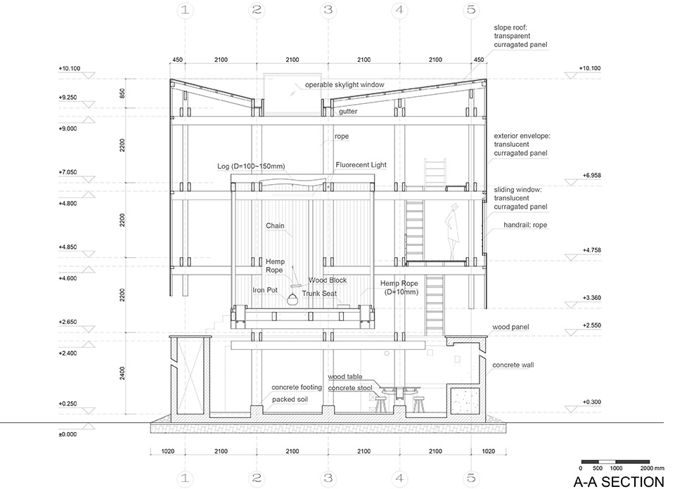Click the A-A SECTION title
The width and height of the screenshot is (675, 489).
click(x=618, y=482)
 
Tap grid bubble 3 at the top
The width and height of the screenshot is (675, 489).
click(x=328, y=9)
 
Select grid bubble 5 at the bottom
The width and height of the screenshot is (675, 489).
click(x=471, y=478)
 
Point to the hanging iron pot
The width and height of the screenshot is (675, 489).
click(x=292, y=299)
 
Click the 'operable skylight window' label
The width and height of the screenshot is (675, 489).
click(x=345, y=85)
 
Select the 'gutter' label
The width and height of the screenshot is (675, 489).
click(x=348, y=112)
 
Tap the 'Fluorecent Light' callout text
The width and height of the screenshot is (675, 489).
click(x=361, y=164)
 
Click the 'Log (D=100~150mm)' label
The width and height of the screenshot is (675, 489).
click(x=251, y=166)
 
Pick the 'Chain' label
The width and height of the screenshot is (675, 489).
click(x=275, y=226)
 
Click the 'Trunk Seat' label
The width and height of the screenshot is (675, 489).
click(x=319, y=293)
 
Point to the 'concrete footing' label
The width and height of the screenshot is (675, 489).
click(x=297, y=388)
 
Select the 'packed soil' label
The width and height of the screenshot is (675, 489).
click(x=290, y=399)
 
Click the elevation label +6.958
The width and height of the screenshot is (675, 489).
click(x=591, y=176)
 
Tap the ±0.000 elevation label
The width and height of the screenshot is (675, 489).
click(x=67, y=434)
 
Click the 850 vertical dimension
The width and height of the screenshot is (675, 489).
click(x=122, y=93)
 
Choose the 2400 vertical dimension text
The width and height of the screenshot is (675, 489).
click(x=122, y=373)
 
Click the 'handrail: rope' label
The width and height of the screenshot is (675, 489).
click(x=525, y=225)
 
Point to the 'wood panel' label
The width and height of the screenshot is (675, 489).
click(x=510, y=327)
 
